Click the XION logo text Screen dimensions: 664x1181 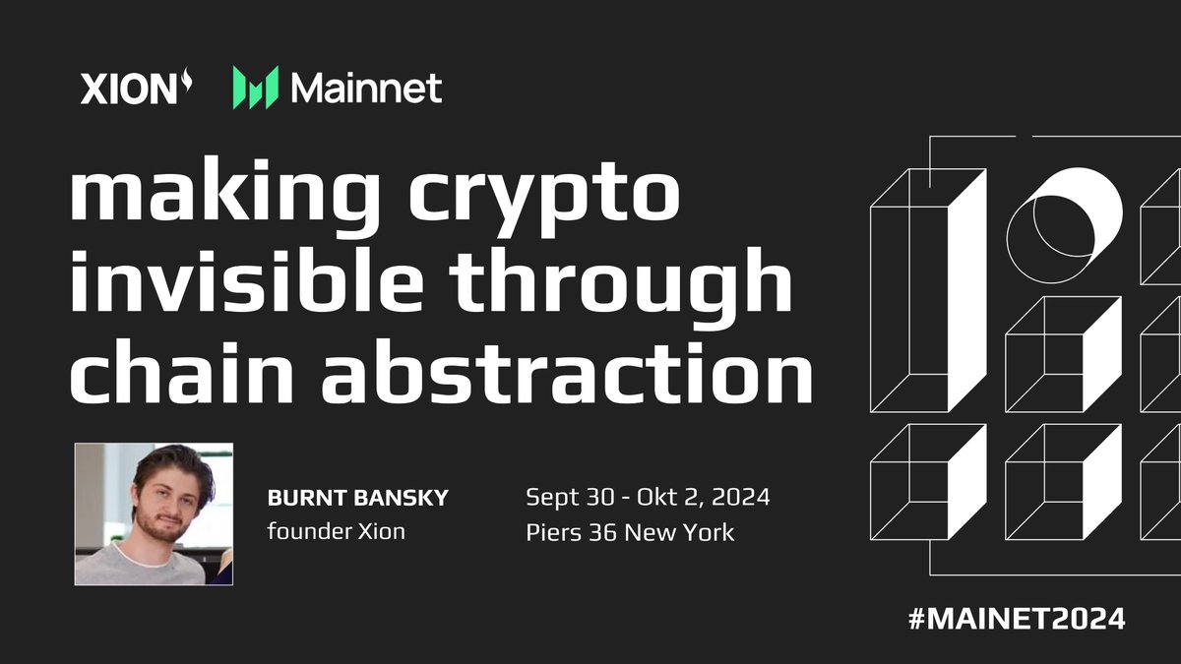click(x=125, y=90)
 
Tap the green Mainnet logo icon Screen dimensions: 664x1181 click(x=255, y=89)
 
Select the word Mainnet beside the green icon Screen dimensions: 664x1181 click(x=366, y=89)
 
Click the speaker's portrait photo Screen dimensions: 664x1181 click(x=154, y=513)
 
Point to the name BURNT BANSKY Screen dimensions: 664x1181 click(x=357, y=499)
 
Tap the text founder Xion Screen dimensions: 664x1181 click(x=336, y=532)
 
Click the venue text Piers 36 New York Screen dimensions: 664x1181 click(x=630, y=532)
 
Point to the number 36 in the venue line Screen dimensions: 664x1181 click(x=594, y=532)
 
